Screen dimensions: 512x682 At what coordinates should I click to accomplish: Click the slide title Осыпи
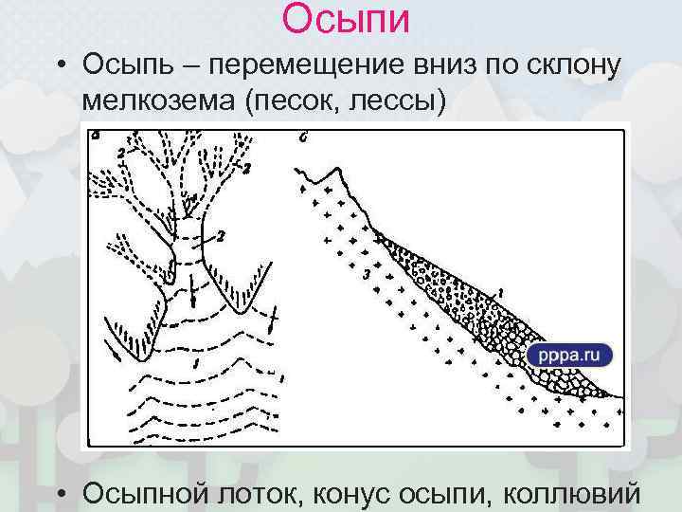[345, 19]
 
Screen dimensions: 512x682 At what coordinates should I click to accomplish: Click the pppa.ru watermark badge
[570, 356]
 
